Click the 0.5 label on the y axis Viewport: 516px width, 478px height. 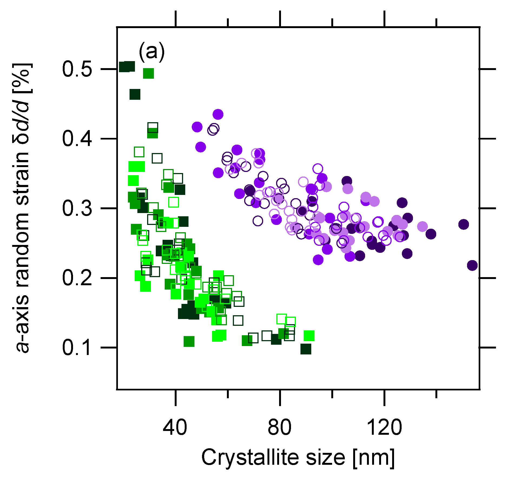tap(77, 69)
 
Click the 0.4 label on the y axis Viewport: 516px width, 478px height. tap(77, 139)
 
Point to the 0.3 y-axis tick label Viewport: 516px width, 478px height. tap(77, 208)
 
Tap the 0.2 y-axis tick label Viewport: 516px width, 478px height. tap(77, 278)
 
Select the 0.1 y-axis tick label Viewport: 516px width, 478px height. tap(77, 348)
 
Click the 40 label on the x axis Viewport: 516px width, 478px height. tap(175, 427)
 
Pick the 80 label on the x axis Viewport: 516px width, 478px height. tap(279, 427)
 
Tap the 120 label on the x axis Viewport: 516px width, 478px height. tap(384, 427)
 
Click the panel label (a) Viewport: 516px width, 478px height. tap(151, 51)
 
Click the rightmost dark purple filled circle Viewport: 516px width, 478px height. tap(472, 265)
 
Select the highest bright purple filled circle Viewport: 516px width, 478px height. tap(218, 114)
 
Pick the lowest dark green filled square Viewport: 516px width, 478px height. tap(306, 349)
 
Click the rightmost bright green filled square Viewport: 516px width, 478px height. tap(309, 336)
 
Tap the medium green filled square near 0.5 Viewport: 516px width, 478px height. tap(148, 73)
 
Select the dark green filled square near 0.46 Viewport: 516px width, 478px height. tap(135, 94)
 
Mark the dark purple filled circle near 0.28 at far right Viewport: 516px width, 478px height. tap(464, 224)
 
